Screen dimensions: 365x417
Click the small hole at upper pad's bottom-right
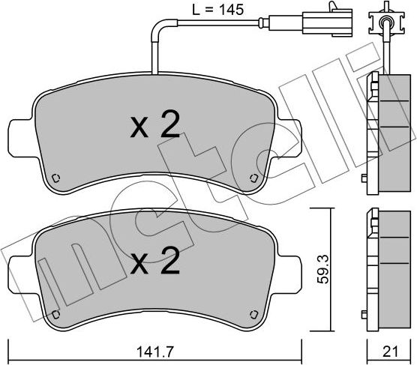click(253, 178)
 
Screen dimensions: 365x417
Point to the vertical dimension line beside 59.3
click(330, 270)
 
